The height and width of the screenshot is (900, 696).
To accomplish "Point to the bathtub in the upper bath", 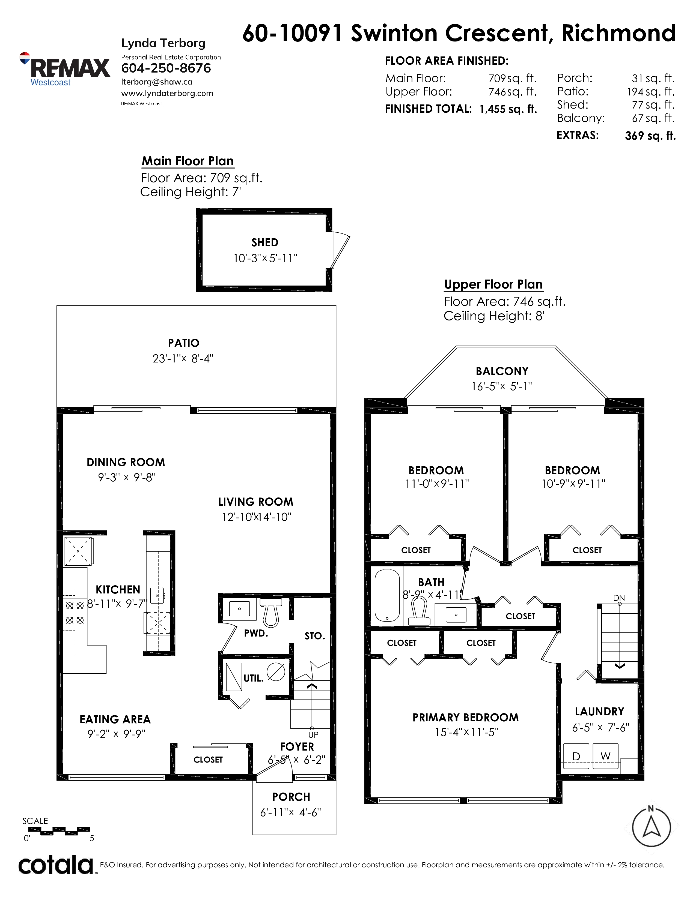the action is [387, 595].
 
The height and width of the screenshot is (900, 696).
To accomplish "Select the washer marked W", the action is [605, 756].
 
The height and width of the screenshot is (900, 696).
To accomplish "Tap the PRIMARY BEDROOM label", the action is [466, 718].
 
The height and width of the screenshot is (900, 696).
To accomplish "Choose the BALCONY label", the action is [502, 371].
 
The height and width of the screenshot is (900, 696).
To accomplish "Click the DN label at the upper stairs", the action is [619, 598].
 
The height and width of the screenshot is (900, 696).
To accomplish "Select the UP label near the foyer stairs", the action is [313, 734].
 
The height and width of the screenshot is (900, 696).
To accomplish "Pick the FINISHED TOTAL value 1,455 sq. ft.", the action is [508, 109].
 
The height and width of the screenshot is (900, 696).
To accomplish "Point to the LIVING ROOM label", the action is [256, 502].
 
